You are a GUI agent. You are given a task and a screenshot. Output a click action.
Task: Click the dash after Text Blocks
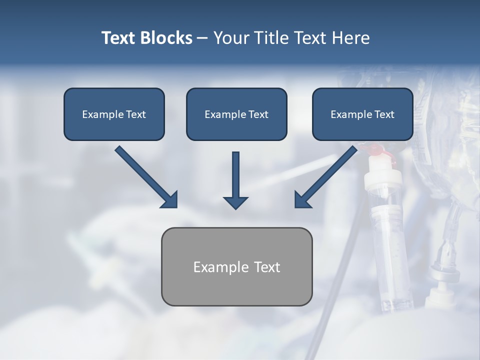pos(202,38)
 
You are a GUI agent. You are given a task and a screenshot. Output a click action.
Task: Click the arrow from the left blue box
pos(145,175)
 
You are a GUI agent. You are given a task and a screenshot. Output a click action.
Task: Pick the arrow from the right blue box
pos(327,175)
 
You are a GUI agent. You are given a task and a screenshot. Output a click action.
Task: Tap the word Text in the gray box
pos(266,267)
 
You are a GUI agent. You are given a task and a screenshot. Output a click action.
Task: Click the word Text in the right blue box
pos(384,114)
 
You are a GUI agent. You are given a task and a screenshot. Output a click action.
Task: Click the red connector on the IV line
pos(376,149)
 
